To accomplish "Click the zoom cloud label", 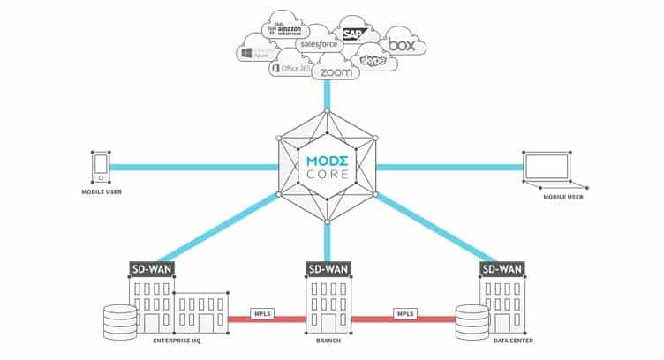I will (x=336, y=72).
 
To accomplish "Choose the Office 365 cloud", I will (x=290, y=67).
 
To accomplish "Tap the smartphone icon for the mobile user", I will (x=102, y=165).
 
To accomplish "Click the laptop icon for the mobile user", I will (x=549, y=167).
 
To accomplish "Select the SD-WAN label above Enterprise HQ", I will (x=153, y=268).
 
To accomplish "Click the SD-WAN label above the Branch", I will (x=327, y=268).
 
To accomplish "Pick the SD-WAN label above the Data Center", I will (x=502, y=268).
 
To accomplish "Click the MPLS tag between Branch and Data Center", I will (x=404, y=315).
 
